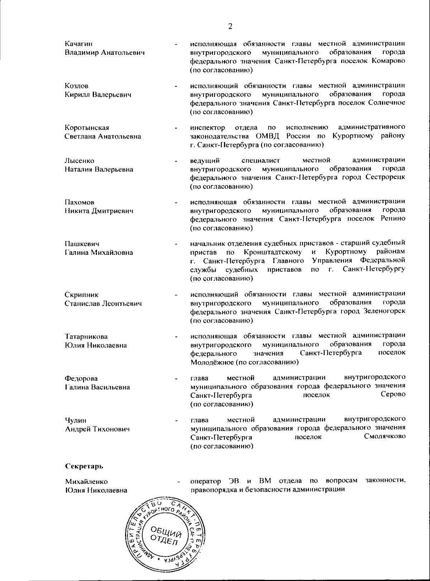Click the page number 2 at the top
pos(230,26)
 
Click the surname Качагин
pos(78,44)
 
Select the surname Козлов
pos(77,86)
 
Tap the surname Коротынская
pos(87,128)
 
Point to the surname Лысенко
pos(79,161)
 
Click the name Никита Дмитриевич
pos(99,211)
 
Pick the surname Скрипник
pos(81,295)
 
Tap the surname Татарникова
pos(86,337)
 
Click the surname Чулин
pos(76,420)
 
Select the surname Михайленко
pos(86,482)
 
